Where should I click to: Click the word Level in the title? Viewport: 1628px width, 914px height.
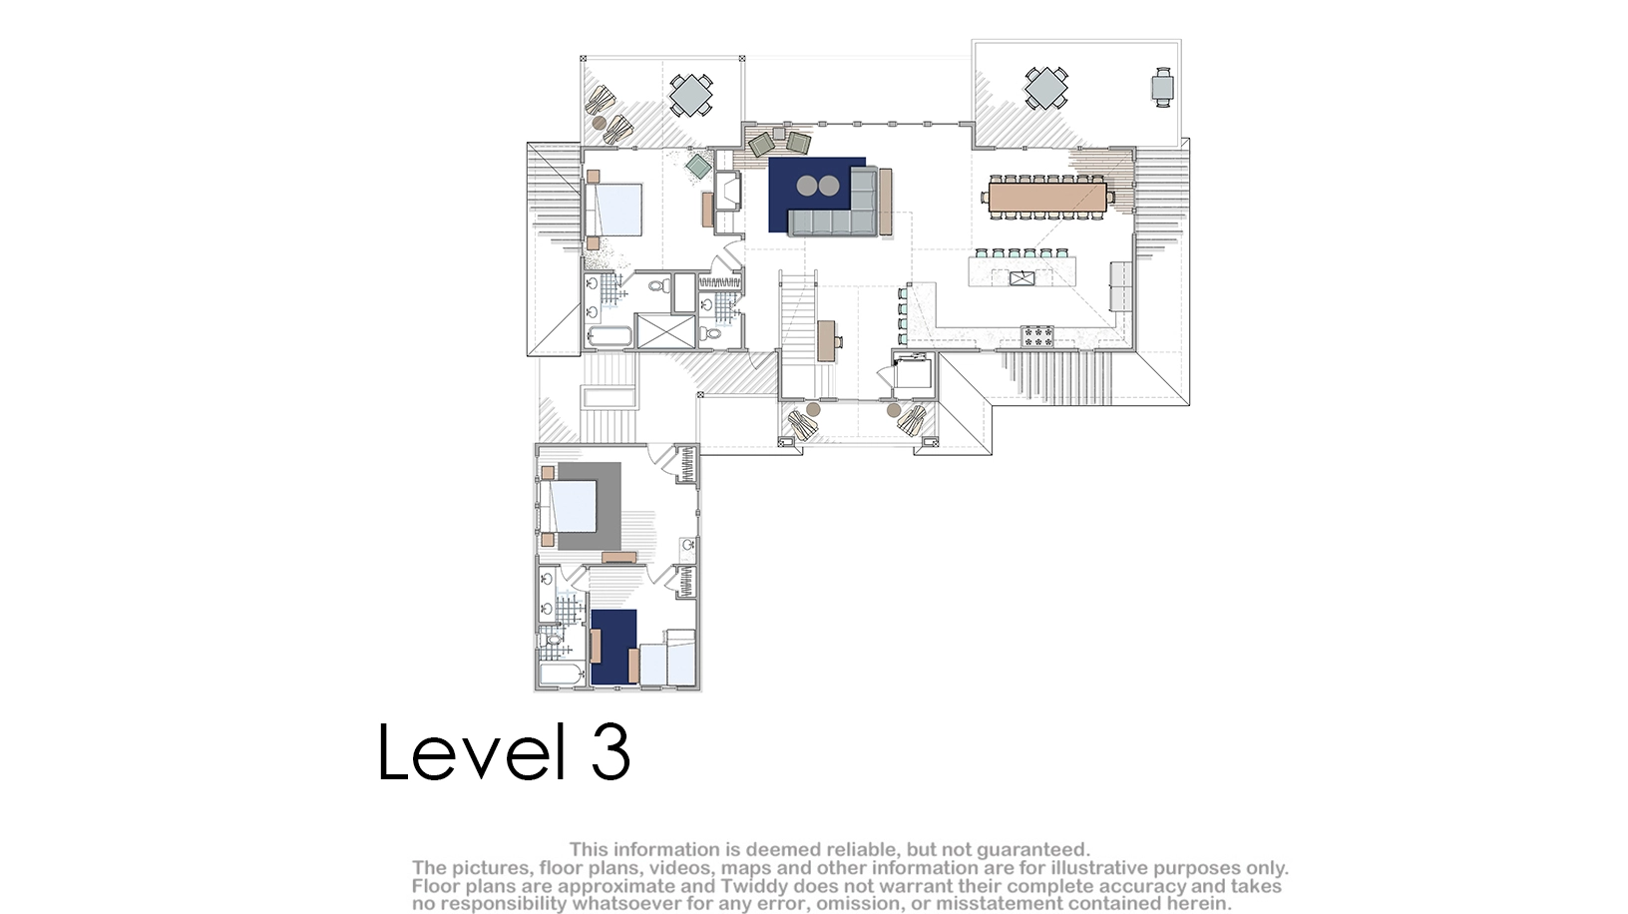click(x=472, y=751)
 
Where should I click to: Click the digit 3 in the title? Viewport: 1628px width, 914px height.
click(x=610, y=751)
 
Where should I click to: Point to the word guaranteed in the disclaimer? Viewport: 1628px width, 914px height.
click(x=1032, y=849)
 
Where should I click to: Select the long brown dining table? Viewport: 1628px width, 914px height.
click(x=1047, y=197)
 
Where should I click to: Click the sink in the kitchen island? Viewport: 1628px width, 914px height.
click(x=1021, y=277)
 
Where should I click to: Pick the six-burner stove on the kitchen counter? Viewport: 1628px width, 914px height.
click(x=1037, y=335)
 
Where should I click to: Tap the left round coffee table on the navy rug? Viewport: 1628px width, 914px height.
click(x=807, y=186)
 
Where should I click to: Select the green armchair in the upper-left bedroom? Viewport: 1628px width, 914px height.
click(x=699, y=166)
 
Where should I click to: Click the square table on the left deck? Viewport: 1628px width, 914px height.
click(x=690, y=94)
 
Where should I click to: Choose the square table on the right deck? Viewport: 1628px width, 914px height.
click(x=1045, y=88)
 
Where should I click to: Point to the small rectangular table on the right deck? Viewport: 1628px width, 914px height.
click(x=1162, y=88)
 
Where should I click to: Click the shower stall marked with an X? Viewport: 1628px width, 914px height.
click(x=665, y=331)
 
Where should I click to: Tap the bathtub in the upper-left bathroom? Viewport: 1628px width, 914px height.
click(x=610, y=336)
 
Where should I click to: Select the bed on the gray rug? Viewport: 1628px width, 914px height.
click(x=569, y=506)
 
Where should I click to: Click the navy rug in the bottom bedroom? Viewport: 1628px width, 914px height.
click(x=614, y=647)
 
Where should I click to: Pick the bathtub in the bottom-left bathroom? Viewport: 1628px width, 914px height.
click(x=562, y=675)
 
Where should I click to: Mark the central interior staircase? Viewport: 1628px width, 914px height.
click(x=797, y=334)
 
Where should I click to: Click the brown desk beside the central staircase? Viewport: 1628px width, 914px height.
click(x=826, y=341)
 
